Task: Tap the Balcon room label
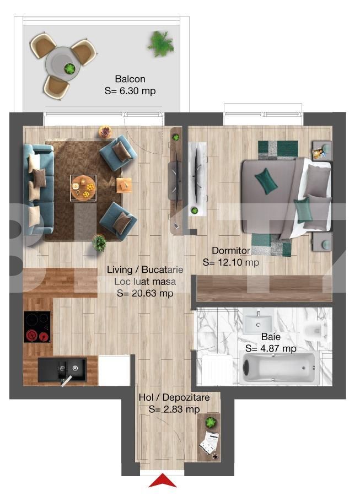pos(130,79)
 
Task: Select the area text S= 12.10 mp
pos(231,262)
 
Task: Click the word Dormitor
pos(231,251)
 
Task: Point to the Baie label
pos(271,337)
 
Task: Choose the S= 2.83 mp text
pos(174,409)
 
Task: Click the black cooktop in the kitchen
pos(37,327)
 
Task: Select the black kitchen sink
pos(62,369)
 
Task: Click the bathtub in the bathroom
pos(278,368)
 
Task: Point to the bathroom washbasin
pos(258,321)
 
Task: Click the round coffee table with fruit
pos(83,187)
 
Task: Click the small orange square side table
pos(123,185)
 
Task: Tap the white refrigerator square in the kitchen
pos(114,370)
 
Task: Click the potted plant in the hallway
pos(211,422)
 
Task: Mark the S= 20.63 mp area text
pos(145,293)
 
